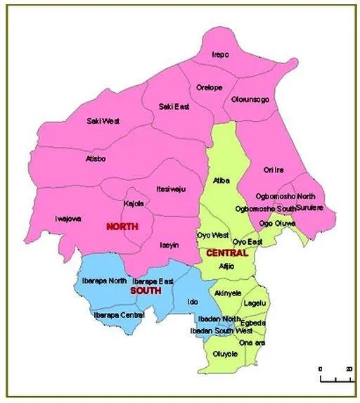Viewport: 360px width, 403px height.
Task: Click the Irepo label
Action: coord(221,55)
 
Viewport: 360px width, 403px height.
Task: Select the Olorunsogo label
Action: coord(250,101)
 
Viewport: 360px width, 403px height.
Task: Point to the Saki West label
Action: coord(103,121)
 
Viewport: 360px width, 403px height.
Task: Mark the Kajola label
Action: coord(134,203)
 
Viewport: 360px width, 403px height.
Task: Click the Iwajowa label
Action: coord(68,219)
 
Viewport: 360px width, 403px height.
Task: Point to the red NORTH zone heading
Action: coord(122,226)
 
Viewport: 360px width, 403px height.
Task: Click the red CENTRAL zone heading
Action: coord(226,252)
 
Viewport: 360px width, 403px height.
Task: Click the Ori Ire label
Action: coord(274,169)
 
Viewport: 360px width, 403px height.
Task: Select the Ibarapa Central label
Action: coord(119,315)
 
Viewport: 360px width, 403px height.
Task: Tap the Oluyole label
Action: coord(225,354)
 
